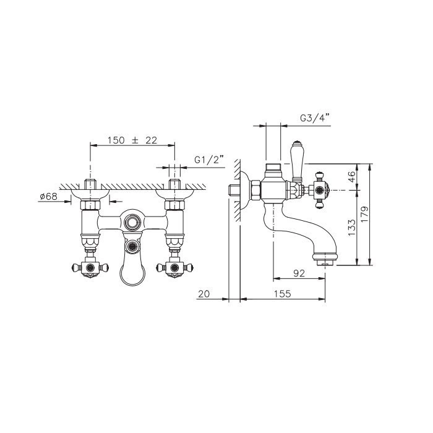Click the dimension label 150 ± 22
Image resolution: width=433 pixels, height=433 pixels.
(132, 140)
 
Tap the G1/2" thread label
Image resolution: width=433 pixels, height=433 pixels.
(208, 160)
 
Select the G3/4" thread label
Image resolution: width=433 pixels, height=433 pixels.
(315, 118)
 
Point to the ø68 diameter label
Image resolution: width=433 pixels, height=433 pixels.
(49, 196)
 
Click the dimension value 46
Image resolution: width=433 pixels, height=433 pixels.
(351, 177)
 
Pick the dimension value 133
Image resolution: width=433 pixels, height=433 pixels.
(351, 228)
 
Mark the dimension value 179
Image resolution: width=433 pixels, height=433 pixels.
(364, 215)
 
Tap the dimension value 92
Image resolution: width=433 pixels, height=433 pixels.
(299, 273)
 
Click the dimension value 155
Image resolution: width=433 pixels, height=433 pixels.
(282, 294)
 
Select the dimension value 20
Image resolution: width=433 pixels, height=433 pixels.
(204, 294)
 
